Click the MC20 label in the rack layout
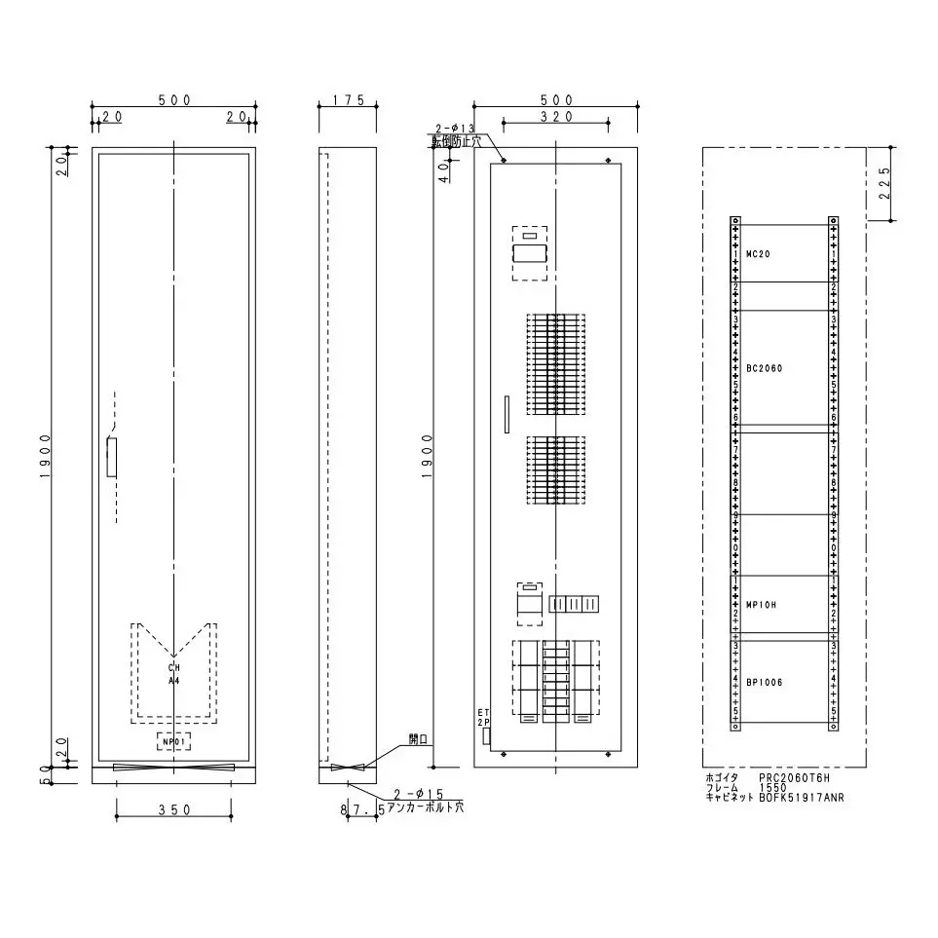click(758, 253)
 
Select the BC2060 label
click(764, 368)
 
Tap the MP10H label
click(760, 604)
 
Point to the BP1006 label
click(764, 682)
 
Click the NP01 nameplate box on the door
click(174, 742)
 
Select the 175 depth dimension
click(348, 100)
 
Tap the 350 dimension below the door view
click(173, 810)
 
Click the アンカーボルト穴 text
click(426, 808)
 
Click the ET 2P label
click(483, 718)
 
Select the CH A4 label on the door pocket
click(173, 674)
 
